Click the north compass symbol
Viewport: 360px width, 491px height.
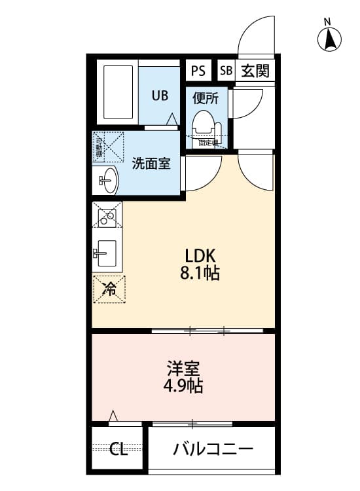(330, 40)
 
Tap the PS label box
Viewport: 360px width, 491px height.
(198, 70)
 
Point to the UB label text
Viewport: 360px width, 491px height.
(160, 96)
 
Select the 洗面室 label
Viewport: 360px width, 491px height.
(151, 163)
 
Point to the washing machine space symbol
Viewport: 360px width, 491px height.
(109, 146)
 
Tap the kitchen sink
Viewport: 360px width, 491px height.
(105, 251)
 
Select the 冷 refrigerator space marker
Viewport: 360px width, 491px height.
(109, 289)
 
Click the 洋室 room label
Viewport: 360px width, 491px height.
(183, 369)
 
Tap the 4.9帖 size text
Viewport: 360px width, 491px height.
(183, 386)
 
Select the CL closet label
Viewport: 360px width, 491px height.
(118, 449)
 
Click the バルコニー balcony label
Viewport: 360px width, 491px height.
(213, 449)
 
